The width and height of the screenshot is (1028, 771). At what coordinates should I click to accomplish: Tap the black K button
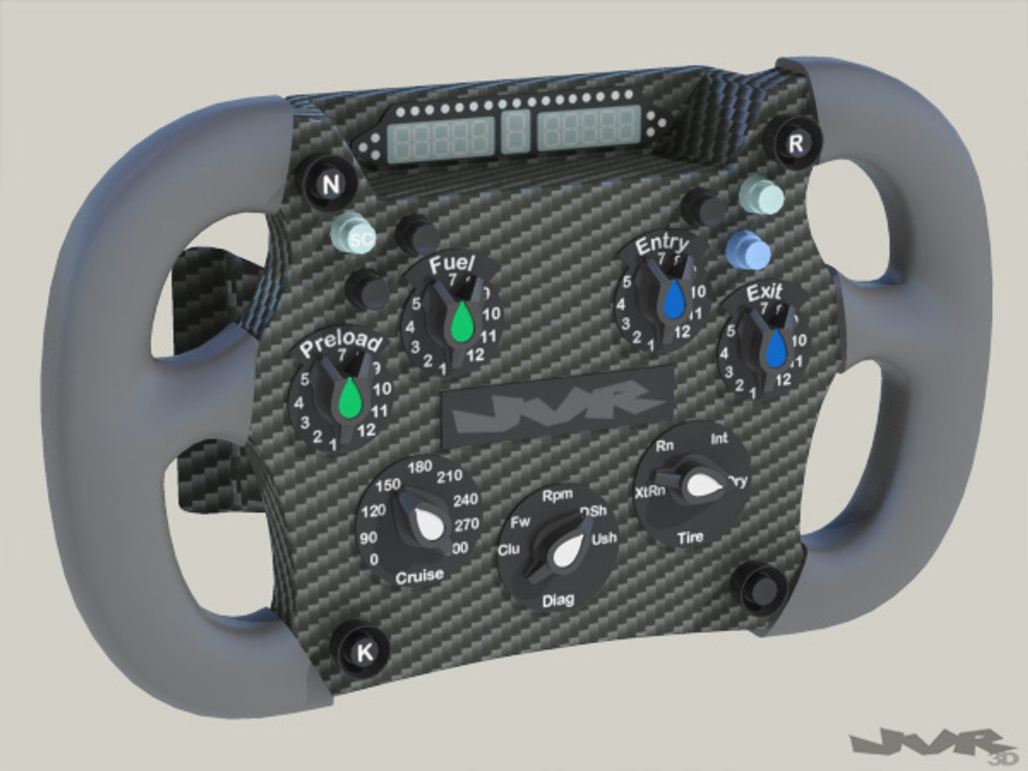click(364, 651)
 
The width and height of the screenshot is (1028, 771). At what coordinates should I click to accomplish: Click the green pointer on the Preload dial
click(351, 398)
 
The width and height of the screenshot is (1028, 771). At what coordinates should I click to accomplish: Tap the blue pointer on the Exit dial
click(776, 348)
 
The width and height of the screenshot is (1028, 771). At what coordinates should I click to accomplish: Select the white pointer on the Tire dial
click(702, 485)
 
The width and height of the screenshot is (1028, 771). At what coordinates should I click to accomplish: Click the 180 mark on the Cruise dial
click(420, 467)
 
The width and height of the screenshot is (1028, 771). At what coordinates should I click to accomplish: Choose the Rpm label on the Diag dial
click(557, 495)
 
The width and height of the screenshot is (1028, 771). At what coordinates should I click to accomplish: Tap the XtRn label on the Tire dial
click(650, 492)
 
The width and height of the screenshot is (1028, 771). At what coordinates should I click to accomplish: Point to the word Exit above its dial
click(764, 293)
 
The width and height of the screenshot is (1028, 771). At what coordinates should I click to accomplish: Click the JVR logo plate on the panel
click(557, 405)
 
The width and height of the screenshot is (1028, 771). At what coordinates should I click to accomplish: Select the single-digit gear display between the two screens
click(514, 131)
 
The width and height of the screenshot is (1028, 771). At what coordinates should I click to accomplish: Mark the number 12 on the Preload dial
click(366, 430)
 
